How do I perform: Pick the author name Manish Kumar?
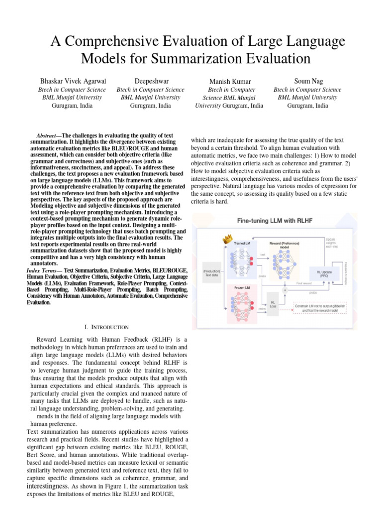(229, 82)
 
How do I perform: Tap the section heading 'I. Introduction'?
(107, 327)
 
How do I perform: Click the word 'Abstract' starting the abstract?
(47, 136)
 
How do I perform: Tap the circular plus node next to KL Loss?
(285, 289)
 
